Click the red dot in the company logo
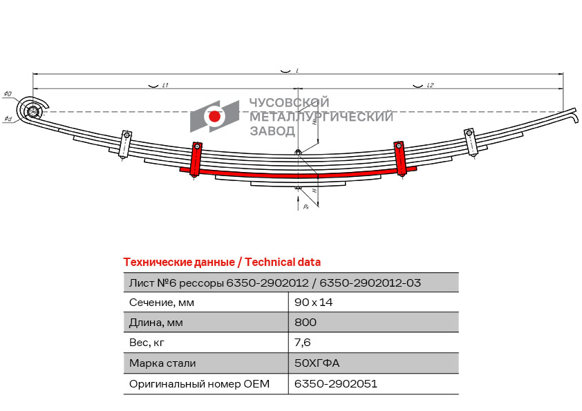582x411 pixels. tap(214, 117)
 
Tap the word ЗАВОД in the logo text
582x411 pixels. tap(272, 131)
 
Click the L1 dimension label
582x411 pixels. tap(165, 86)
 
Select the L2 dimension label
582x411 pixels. tap(430, 86)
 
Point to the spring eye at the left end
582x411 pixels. tap(32, 111)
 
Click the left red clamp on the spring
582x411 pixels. tap(196, 160)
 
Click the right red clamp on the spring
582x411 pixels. tap(400, 159)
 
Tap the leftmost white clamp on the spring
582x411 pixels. tap(125, 144)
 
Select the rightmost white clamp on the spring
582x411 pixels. tap(471, 142)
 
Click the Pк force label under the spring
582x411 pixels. tap(306, 207)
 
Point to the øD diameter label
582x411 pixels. tap(8, 93)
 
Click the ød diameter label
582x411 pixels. tap(8, 119)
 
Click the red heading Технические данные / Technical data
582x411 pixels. tap(222, 262)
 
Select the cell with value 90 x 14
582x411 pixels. tap(313, 303)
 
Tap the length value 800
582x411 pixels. tap(306, 323)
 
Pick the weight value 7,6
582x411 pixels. tap(303, 343)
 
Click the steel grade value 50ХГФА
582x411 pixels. tap(317, 363)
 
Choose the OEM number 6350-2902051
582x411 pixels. tap(336, 383)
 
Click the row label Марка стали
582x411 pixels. tap(162, 363)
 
